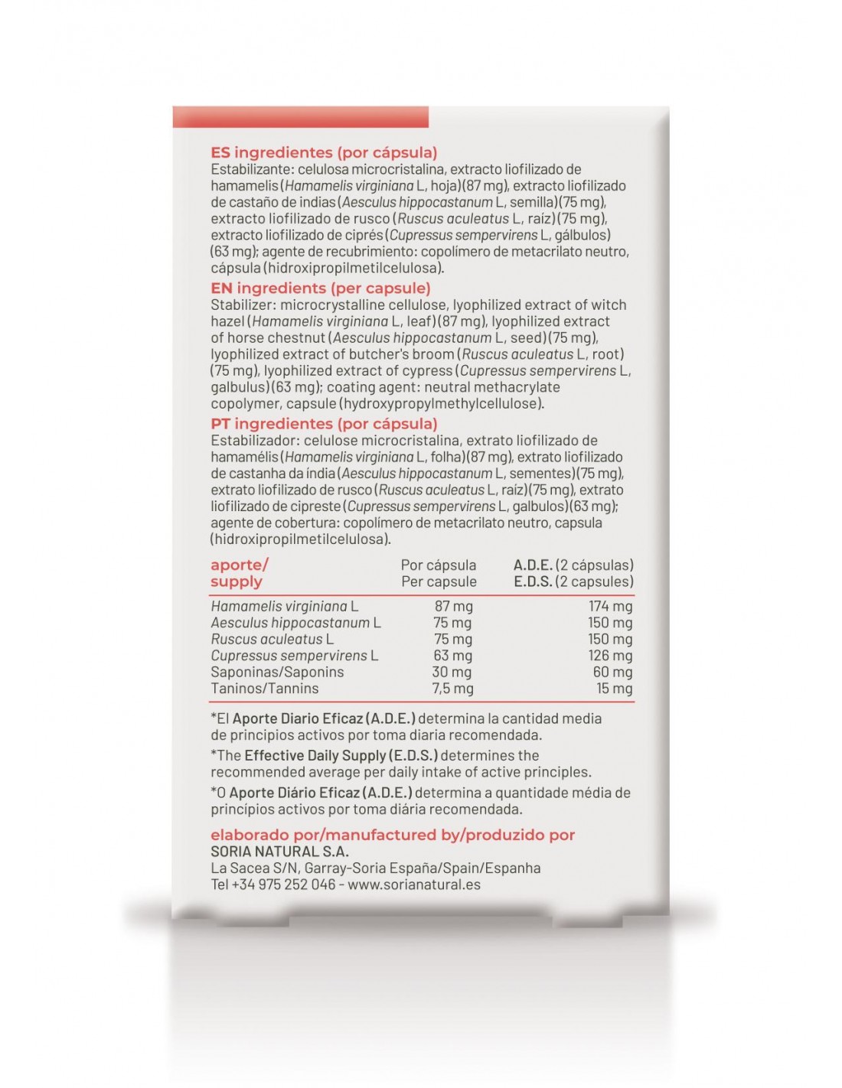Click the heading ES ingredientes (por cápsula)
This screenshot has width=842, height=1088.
click(x=324, y=152)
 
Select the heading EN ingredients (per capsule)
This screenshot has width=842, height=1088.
click(x=321, y=288)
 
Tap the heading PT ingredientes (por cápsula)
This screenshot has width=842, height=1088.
click(x=324, y=423)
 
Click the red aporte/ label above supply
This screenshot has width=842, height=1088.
click(x=239, y=565)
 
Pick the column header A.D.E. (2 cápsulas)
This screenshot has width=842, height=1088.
click(x=573, y=565)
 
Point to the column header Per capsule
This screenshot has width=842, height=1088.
click(x=439, y=581)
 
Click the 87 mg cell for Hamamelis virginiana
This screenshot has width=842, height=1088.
click(x=453, y=606)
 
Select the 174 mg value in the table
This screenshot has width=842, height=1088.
click(x=610, y=606)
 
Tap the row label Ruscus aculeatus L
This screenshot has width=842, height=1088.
click(x=273, y=639)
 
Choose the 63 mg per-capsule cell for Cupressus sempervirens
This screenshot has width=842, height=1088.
click(x=452, y=656)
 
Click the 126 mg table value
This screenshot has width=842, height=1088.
click(x=610, y=656)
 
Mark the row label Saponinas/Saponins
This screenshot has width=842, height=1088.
click(x=277, y=672)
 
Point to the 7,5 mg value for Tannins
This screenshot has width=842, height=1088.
click(x=452, y=689)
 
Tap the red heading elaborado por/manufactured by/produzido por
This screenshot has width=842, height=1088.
click(x=393, y=835)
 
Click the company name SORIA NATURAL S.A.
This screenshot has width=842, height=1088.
click(x=279, y=852)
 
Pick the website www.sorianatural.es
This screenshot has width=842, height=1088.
click(x=414, y=884)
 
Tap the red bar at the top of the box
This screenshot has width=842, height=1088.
click(x=300, y=117)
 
